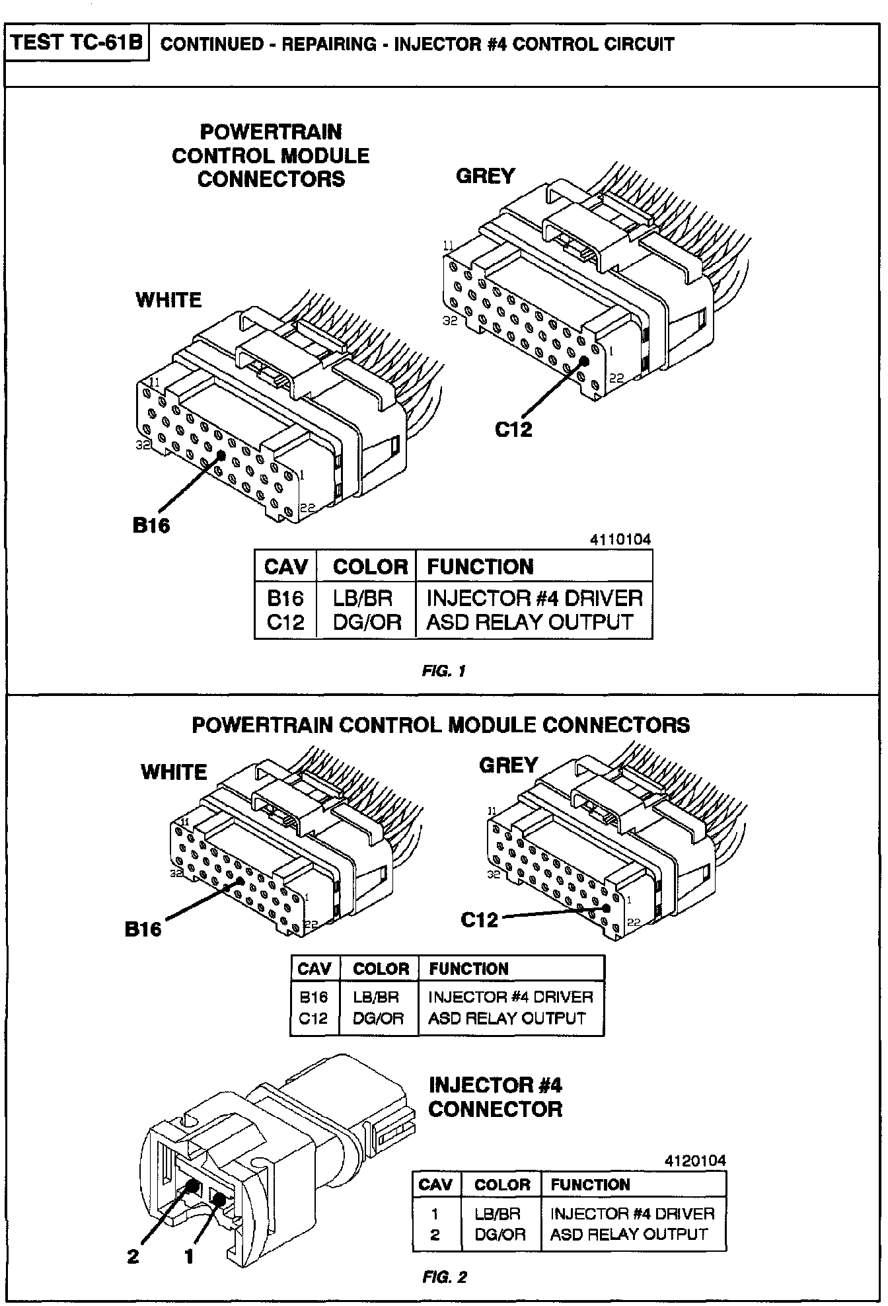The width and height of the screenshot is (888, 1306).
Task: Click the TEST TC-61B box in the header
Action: click(77, 44)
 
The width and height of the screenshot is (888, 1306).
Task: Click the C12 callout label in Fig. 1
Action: click(513, 429)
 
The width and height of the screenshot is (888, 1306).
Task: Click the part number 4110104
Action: click(620, 539)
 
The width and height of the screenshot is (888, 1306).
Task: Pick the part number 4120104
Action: click(695, 1160)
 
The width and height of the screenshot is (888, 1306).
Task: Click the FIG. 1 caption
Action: click(444, 671)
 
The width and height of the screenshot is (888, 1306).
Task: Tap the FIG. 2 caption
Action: click(444, 1277)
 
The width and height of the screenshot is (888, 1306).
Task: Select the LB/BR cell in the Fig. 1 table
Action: click(363, 598)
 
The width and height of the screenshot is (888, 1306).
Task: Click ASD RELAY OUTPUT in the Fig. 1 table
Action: click(530, 622)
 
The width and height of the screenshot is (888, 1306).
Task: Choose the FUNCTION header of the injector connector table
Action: click(590, 1184)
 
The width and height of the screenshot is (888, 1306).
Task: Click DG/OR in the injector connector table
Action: click(499, 1234)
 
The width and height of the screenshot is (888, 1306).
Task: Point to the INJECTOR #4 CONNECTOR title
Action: click(495, 1096)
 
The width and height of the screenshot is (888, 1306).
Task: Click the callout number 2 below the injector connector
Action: click(133, 1256)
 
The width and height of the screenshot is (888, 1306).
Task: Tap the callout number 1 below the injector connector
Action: click(189, 1256)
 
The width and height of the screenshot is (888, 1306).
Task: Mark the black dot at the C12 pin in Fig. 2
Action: click(607, 907)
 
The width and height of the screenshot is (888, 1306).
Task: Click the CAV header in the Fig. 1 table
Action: click(285, 566)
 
